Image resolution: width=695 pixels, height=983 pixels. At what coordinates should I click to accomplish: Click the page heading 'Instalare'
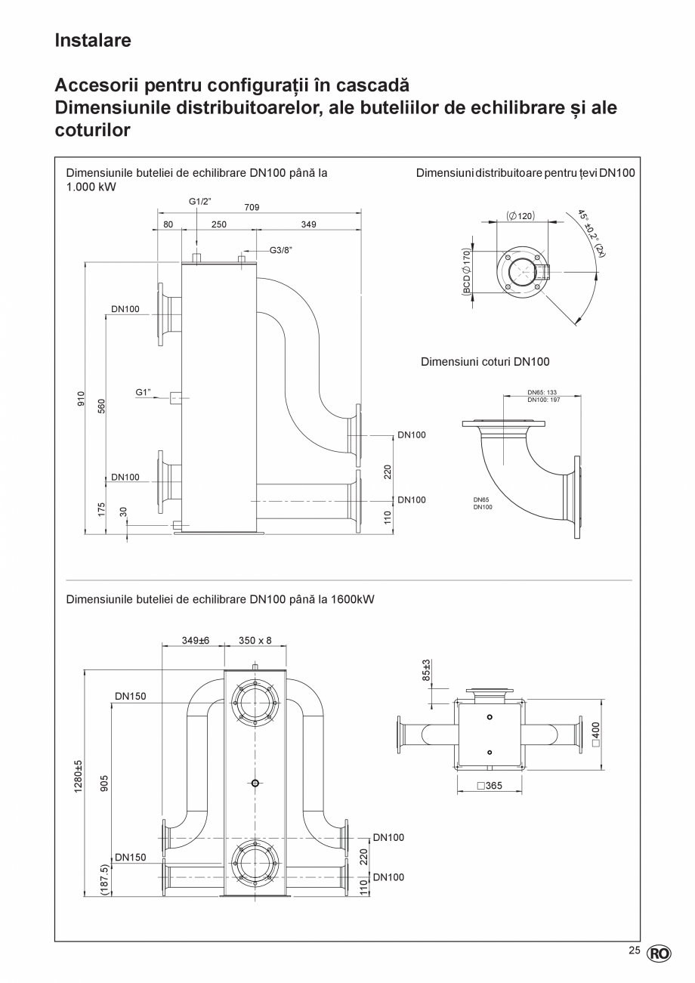tap(92, 41)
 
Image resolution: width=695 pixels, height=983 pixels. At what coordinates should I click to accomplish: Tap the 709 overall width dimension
tap(252, 206)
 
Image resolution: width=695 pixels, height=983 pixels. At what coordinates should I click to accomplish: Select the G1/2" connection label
tap(199, 201)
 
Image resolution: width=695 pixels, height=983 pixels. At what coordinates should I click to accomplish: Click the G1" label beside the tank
tap(144, 392)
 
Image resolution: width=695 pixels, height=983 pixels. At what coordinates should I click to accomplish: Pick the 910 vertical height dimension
tap(81, 398)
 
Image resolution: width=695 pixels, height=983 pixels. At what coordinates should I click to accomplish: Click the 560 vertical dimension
tap(100, 406)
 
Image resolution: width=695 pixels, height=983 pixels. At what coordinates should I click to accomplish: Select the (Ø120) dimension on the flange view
tap(520, 215)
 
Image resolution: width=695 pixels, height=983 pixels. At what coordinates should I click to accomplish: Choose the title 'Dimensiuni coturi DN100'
tap(485, 362)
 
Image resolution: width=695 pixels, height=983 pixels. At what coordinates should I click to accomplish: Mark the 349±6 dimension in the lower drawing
tap(195, 640)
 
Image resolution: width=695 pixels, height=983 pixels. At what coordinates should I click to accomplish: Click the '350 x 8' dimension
tap(255, 640)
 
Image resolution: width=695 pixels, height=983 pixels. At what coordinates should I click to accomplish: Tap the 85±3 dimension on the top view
tap(426, 670)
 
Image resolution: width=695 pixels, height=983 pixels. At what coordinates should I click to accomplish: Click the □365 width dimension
tap(490, 786)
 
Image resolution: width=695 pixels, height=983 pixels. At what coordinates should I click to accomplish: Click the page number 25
tap(634, 951)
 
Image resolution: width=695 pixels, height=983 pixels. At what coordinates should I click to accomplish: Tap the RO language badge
tap(658, 954)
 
